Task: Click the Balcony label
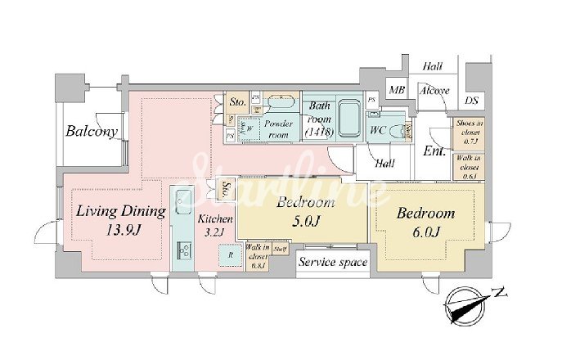[x=92, y=131]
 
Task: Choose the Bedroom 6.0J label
[x=425, y=222]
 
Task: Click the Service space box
[x=333, y=263]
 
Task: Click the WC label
[x=378, y=131]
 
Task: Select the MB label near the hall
[x=397, y=90]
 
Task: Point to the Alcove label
[x=434, y=90]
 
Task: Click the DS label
[x=472, y=100]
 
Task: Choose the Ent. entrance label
[x=434, y=151]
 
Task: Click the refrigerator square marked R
[x=232, y=254]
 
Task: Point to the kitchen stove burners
[x=185, y=250]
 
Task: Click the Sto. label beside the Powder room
[x=238, y=103]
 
